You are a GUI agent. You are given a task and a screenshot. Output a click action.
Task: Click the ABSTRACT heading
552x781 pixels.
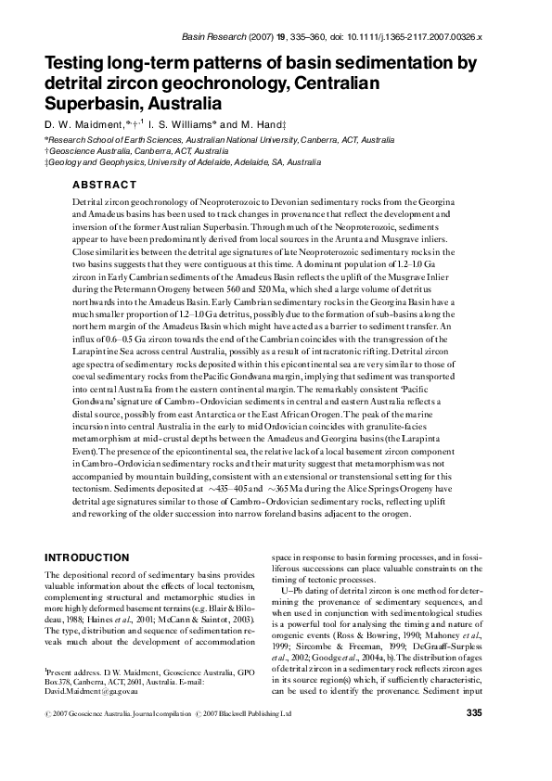pyautogui.click(x=104, y=184)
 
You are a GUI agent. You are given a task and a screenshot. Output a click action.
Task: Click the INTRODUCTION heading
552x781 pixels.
pyautogui.click(x=86, y=557)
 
